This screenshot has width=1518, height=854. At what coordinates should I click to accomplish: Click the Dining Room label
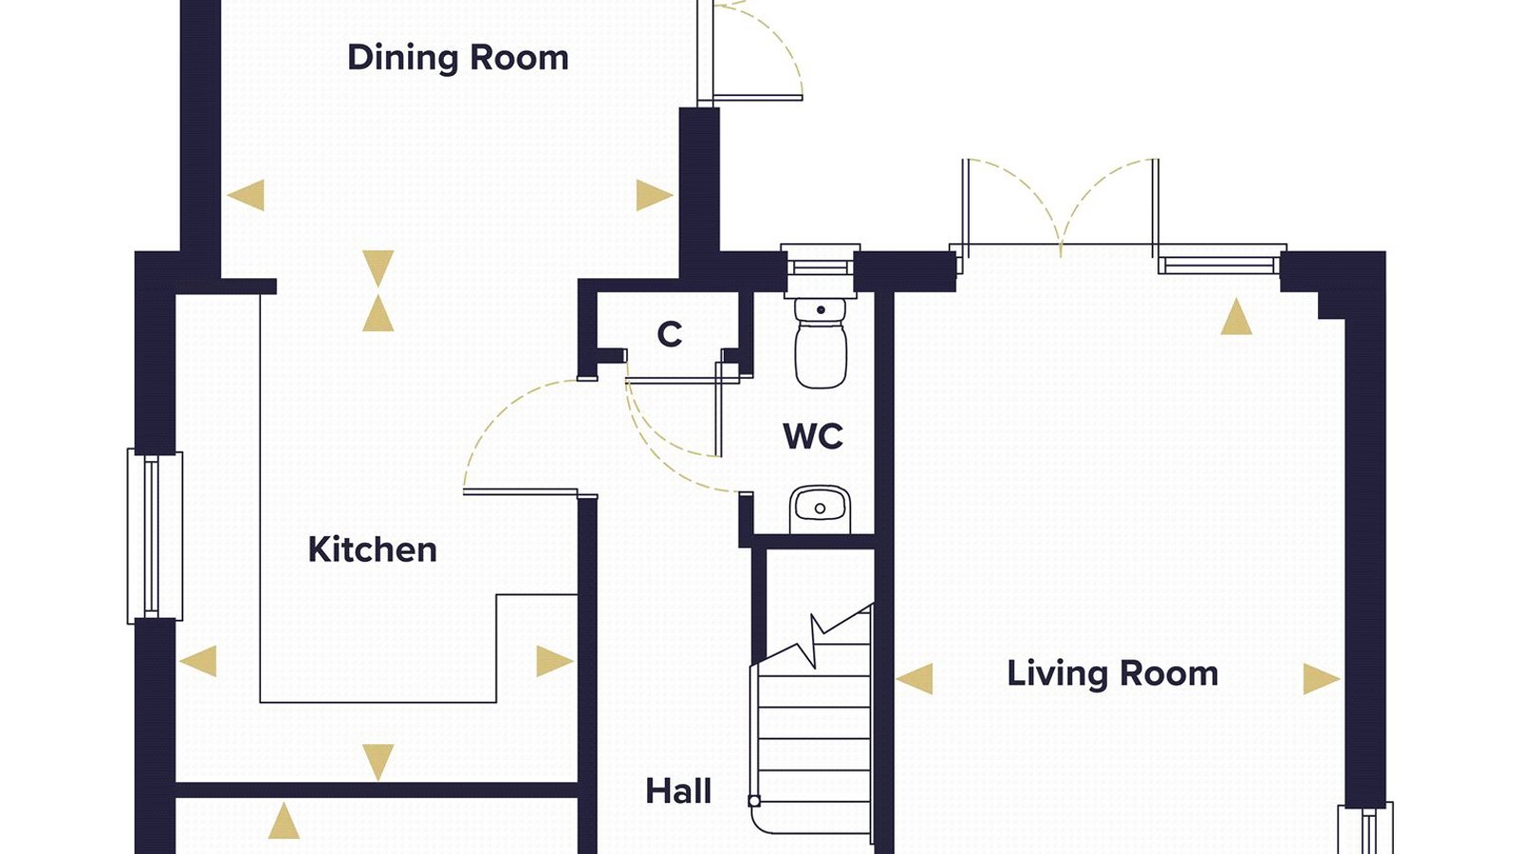click(x=457, y=58)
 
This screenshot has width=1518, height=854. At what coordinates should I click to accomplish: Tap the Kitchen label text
click(x=372, y=549)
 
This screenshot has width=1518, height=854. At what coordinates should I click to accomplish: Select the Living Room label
click(x=1112, y=674)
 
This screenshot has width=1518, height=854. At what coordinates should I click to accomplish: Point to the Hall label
click(x=678, y=791)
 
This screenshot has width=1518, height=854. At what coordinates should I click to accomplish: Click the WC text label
click(x=813, y=436)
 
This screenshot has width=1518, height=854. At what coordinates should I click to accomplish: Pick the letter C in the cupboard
click(x=670, y=334)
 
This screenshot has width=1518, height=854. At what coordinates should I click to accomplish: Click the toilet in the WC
click(x=821, y=343)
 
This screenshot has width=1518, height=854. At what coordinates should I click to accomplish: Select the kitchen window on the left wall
click(x=155, y=536)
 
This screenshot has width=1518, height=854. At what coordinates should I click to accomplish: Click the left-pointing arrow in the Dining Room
click(x=246, y=195)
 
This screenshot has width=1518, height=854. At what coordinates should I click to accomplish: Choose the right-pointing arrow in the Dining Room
click(x=655, y=195)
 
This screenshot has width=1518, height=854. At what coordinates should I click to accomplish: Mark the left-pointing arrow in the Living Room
click(x=915, y=678)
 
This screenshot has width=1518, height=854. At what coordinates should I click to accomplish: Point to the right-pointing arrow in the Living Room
click(x=1322, y=678)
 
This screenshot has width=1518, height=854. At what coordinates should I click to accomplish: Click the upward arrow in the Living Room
click(x=1236, y=317)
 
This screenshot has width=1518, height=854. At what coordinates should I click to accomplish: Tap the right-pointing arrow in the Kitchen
click(x=555, y=660)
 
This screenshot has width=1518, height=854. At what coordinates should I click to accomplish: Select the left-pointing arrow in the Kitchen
click(x=198, y=660)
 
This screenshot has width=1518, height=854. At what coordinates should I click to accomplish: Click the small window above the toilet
click(x=820, y=261)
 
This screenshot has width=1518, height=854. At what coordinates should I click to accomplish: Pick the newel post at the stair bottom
click(x=754, y=801)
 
